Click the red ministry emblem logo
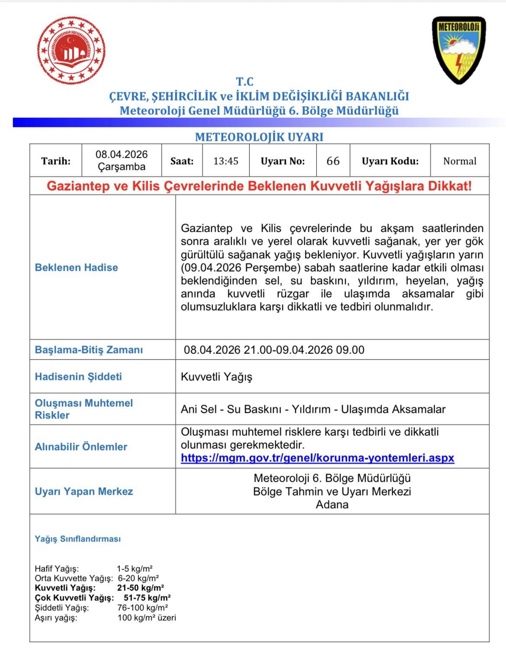pos(71,51)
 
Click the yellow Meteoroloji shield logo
pos(459,50)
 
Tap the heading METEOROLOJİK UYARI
pos(259,137)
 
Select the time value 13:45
pos(226,161)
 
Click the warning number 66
pos(333,161)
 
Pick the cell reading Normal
pos(460,161)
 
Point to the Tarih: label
pos(56,161)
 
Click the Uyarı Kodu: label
pos(390,161)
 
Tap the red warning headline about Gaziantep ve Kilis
pos(259,186)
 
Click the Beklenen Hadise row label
pos(76,267)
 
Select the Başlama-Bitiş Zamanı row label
pos(89,350)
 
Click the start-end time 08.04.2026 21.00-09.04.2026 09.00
pos(274,350)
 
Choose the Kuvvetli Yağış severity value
pos(216,377)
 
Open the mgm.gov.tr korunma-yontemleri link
pos(317,458)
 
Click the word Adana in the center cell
pos(332,505)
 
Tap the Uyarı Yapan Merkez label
pos(84,492)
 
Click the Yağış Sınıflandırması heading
pos(77,539)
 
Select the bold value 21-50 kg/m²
pos(141,588)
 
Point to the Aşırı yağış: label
pos(56,618)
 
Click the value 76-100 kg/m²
pos(143,608)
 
